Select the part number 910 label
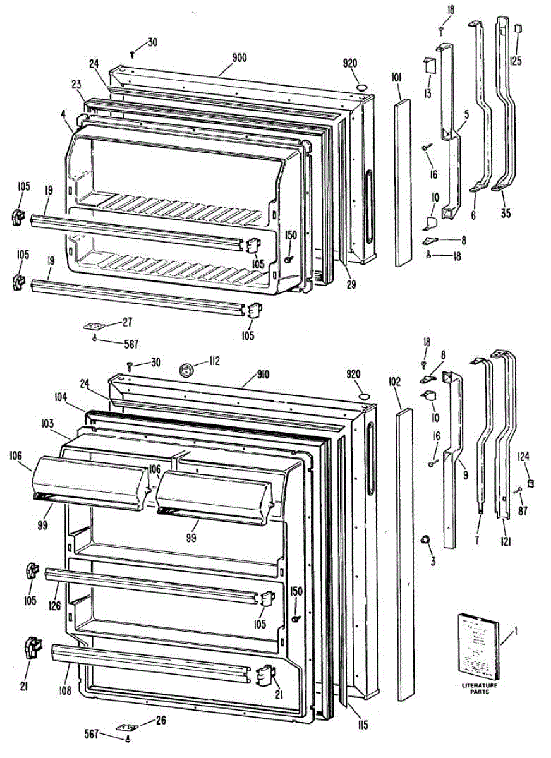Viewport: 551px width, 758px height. coord(262,374)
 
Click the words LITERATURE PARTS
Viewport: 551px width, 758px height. coord(479,689)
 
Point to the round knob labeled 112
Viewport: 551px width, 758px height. coord(186,369)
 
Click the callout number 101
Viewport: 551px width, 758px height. coord(397,78)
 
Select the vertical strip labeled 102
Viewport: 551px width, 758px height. coord(406,556)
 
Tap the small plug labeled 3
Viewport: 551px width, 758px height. coord(425,539)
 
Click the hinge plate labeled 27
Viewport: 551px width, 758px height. coord(95,327)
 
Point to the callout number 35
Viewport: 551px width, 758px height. coord(505,214)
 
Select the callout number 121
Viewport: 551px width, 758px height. coord(506,541)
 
